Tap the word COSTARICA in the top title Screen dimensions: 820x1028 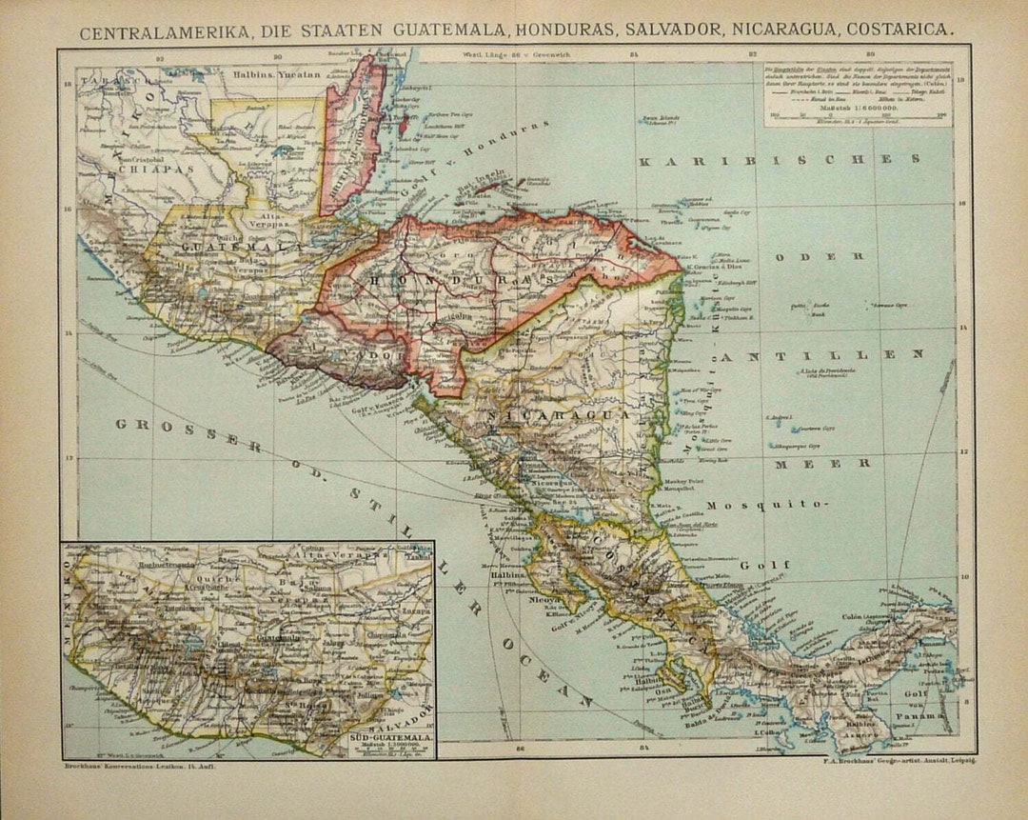click(896, 30)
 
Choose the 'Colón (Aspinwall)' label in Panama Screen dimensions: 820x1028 click(871, 615)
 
